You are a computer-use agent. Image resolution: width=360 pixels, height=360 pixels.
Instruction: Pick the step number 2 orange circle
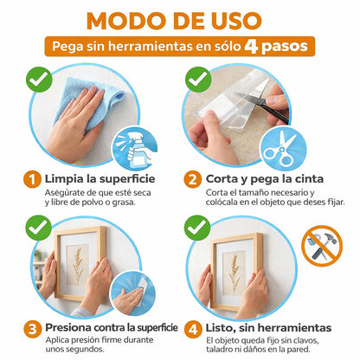192,180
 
